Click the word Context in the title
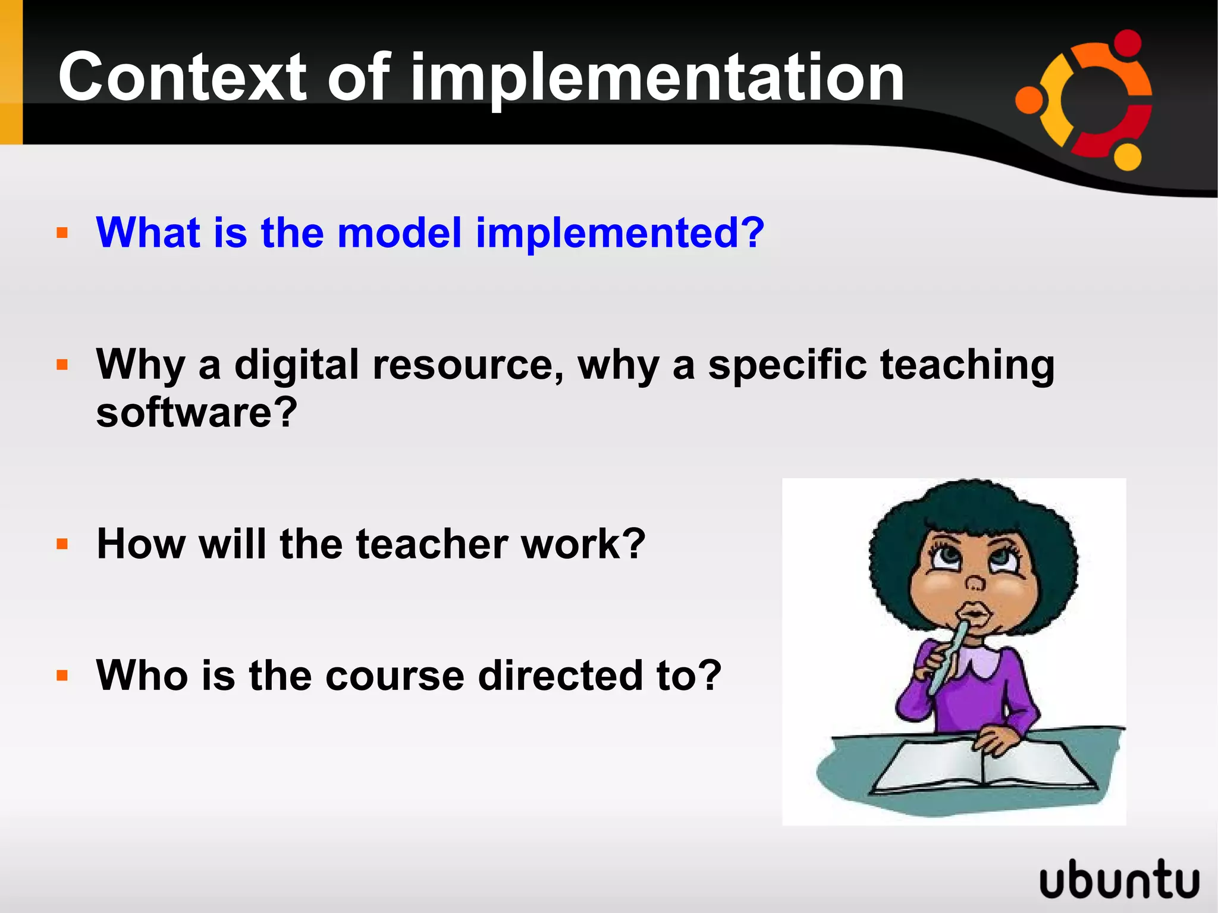(182, 77)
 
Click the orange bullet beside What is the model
(62, 233)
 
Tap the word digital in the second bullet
(297, 364)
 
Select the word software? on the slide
(196, 412)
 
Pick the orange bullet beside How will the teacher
(62, 544)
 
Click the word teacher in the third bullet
(432, 544)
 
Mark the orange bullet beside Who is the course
(62, 676)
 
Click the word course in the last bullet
(395, 676)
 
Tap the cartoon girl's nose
(975, 582)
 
